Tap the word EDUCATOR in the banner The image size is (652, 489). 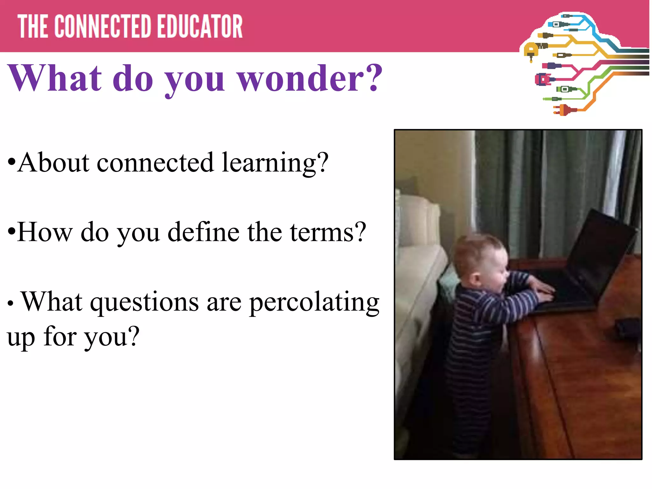200,27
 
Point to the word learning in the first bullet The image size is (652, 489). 274,163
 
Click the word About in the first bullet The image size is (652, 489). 53,163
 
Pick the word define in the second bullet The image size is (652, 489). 203,232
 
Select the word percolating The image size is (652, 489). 314,302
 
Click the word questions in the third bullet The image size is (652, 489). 145,302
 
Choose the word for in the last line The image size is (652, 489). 60,337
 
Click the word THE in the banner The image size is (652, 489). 32,27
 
